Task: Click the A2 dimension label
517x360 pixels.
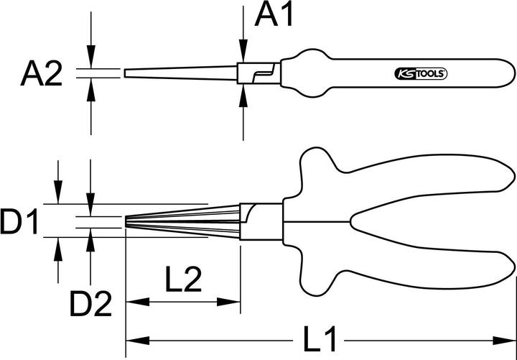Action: click(x=41, y=74)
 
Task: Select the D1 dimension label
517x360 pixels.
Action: click(x=19, y=223)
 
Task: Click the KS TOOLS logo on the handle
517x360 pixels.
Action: click(x=421, y=74)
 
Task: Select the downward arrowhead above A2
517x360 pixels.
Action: click(x=90, y=61)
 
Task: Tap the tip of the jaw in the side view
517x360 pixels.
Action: click(x=126, y=74)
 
